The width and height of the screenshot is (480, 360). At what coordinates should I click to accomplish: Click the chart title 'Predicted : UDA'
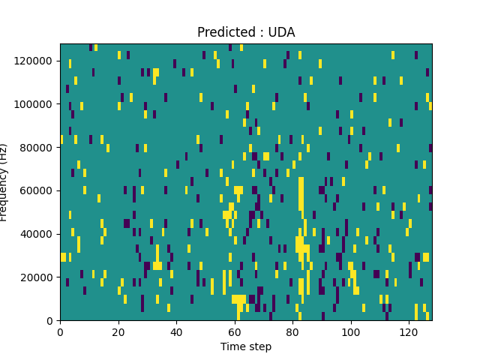246,32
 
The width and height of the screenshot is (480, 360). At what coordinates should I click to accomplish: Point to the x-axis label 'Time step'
246,346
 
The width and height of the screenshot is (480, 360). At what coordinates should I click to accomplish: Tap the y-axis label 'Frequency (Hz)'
4,182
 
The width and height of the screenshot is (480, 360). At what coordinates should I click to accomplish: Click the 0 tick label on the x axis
60,331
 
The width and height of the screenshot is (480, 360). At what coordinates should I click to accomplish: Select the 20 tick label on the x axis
118,331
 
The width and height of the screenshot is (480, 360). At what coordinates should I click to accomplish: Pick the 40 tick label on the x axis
176,331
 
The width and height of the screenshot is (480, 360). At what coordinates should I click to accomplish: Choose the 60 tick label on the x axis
234,331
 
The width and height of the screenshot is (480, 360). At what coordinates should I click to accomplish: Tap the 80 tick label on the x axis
292,331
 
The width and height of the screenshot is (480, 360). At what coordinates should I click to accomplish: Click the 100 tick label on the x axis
350,331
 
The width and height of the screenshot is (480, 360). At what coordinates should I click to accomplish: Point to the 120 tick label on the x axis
408,331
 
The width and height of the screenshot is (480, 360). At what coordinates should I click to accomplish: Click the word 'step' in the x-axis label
259,347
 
